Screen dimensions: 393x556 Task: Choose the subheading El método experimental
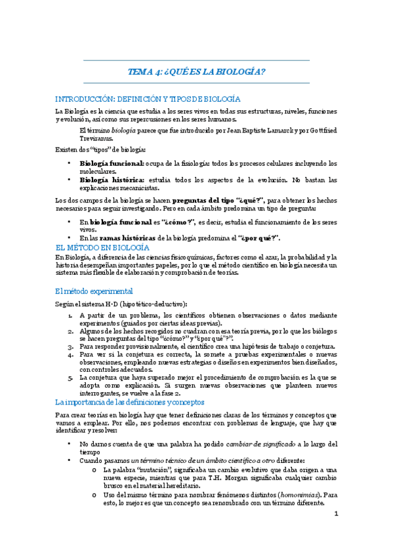point(94,290)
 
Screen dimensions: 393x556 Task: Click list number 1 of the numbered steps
point(70,316)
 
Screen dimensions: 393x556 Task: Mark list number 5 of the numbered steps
point(70,378)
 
